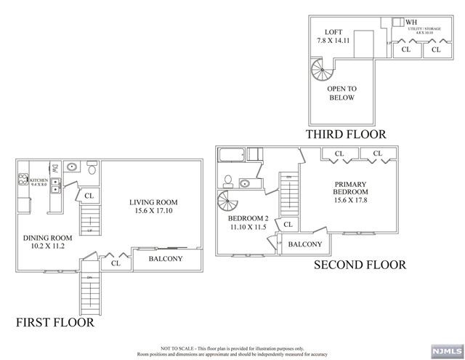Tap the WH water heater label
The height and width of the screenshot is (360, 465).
pyautogui.click(x=411, y=23)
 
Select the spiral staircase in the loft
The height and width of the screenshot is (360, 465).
pyautogui.click(x=320, y=71)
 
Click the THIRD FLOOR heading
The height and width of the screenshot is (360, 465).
pyautogui.click(x=346, y=135)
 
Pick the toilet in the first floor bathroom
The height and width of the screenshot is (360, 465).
pyautogui.click(x=91, y=169)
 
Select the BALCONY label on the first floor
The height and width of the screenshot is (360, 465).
pyautogui.click(x=165, y=259)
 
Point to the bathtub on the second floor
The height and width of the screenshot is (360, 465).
pyautogui.click(x=232, y=153)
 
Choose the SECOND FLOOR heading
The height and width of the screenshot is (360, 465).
pyautogui.click(x=359, y=265)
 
